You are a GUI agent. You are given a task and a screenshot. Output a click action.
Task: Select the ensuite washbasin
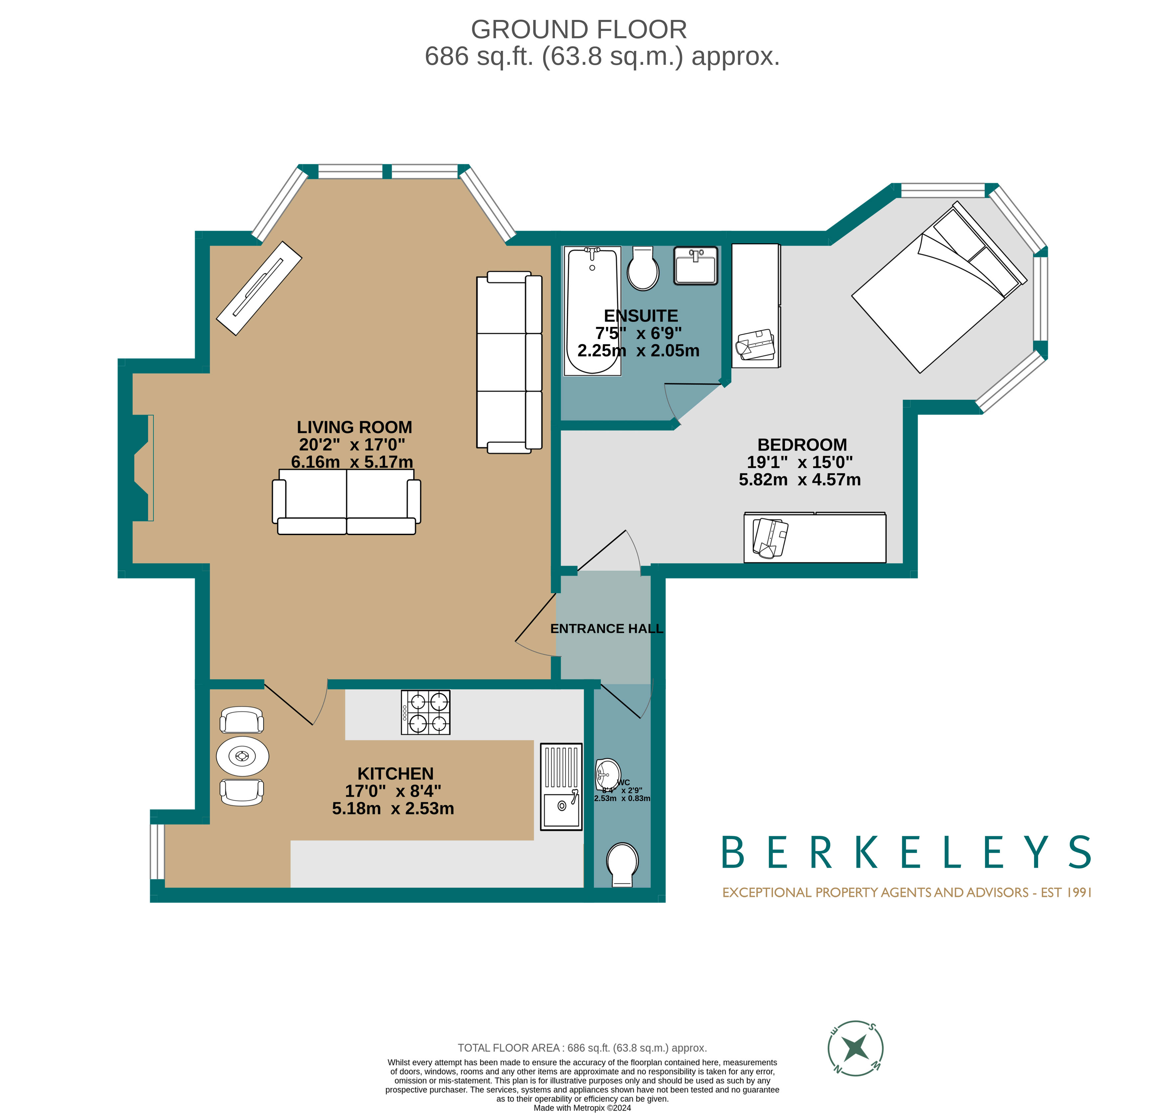[x=695, y=265]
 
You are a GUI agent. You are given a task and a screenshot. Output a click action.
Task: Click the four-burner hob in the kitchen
[x=425, y=712]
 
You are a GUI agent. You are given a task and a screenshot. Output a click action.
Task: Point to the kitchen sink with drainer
[x=560, y=786]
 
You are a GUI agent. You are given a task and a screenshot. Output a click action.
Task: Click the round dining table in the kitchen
[x=242, y=756]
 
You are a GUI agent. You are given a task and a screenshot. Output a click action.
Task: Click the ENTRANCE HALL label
[x=606, y=629]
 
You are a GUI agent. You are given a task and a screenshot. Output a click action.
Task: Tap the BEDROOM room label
[x=802, y=444]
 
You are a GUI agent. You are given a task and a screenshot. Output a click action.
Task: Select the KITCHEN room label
[x=395, y=774]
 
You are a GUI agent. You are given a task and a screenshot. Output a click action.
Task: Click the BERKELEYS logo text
[x=906, y=852]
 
